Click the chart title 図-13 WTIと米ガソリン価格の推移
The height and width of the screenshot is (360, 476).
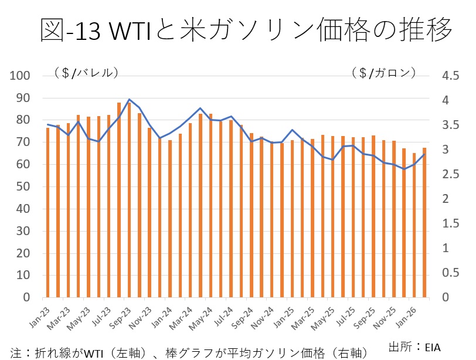[x=246, y=29]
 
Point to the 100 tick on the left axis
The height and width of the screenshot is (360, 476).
[x=22, y=76]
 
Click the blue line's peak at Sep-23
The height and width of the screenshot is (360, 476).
[x=129, y=100]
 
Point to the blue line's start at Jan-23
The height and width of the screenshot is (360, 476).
[x=48, y=124]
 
